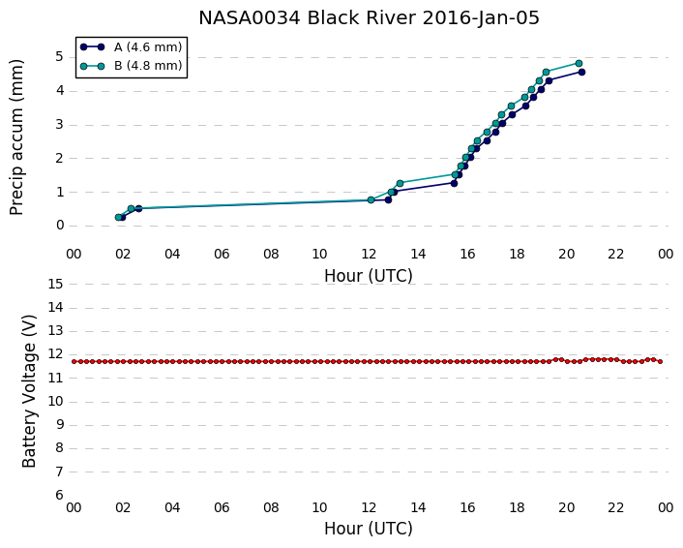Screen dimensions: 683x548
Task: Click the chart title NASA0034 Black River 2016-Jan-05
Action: tap(369, 17)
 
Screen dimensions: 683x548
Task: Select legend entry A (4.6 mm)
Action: tap(148, 47)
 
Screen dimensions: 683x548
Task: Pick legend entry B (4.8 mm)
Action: tap(148, 66)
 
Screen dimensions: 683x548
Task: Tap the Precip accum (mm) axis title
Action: tap(16, 137)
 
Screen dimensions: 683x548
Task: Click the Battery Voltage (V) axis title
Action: tap(29, 391)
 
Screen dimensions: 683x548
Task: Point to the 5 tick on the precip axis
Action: tap(60, 57)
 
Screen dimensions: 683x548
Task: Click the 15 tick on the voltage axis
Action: tap(56, 285)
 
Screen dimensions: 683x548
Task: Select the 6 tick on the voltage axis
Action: tap(60, 496)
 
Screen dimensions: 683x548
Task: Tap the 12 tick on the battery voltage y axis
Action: tap(56, 354)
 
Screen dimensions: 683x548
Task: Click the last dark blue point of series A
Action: tap(581, 72)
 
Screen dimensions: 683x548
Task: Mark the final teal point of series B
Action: tap(579, 63)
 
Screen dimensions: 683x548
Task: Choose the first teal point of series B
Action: tap(118, 217)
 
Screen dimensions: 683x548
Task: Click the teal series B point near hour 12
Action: tap(371, 200)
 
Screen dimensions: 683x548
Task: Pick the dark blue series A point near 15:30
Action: tap(454, 184)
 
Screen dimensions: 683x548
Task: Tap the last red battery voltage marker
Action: tap(661, 361)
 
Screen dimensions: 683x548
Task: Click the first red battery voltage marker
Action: tap(74, 361)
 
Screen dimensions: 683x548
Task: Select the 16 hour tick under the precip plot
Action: tap(467, 255)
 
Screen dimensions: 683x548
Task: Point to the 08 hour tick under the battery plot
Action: tap(271, 508)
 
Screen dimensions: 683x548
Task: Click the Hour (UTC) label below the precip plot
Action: tap(369, 276)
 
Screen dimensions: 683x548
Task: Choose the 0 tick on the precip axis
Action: tap(60, 226)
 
